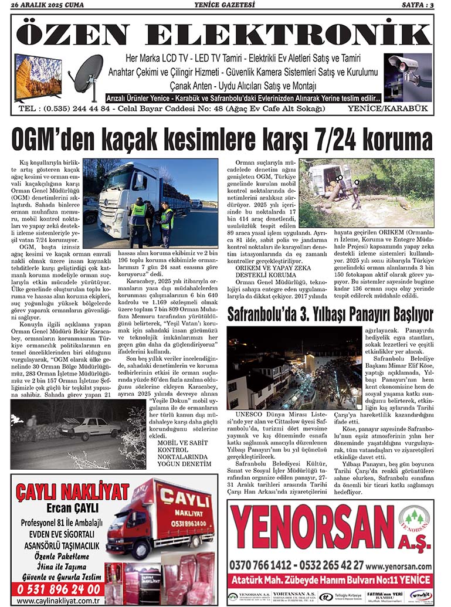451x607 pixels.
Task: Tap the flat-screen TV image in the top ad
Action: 38,76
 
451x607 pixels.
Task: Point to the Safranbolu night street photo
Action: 294,367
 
